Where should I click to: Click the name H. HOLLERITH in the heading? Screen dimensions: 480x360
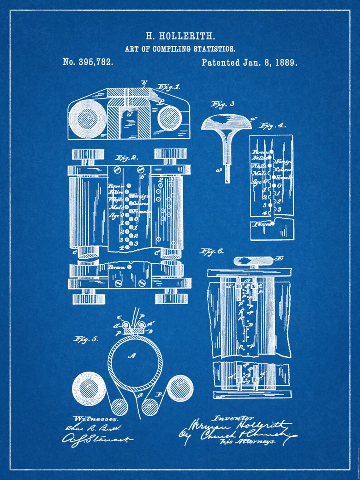(x=180, y=36)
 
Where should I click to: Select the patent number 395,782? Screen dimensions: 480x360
(x=88, y=62)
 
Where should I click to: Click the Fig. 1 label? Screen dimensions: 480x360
(x=168, y=87)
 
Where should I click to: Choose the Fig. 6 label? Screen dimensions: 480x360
(x=212, y=251)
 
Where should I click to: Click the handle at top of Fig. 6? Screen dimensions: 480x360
(x=253, y=260)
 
